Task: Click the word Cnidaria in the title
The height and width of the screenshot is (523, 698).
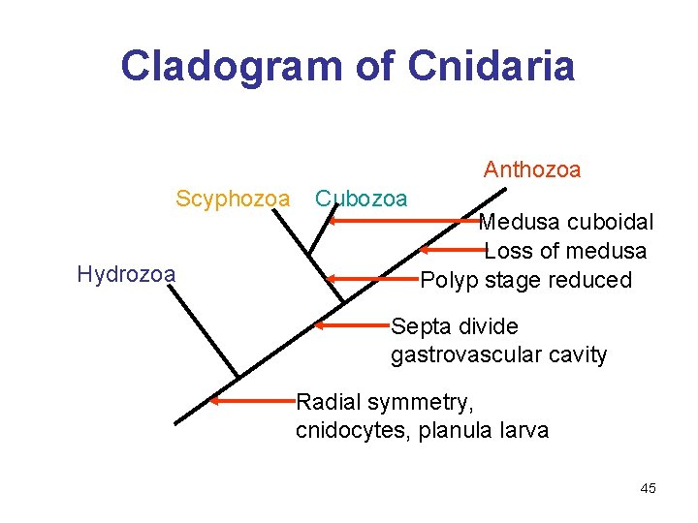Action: [492, 66]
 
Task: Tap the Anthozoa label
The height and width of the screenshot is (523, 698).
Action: [532, 170]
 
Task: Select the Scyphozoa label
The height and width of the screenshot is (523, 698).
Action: [233, 199]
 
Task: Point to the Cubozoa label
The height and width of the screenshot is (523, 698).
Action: [362, 199]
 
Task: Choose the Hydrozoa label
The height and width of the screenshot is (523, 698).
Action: [126, 274]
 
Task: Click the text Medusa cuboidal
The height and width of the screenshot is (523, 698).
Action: [567, 222]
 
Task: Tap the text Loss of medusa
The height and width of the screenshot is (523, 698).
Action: [565, 251]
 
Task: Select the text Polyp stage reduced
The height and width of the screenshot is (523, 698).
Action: [526, 281]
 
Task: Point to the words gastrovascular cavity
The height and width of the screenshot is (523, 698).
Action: [498, 355]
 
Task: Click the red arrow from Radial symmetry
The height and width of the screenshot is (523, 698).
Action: [254, 400]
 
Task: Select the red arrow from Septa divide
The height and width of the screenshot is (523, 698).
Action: [354, 325]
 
